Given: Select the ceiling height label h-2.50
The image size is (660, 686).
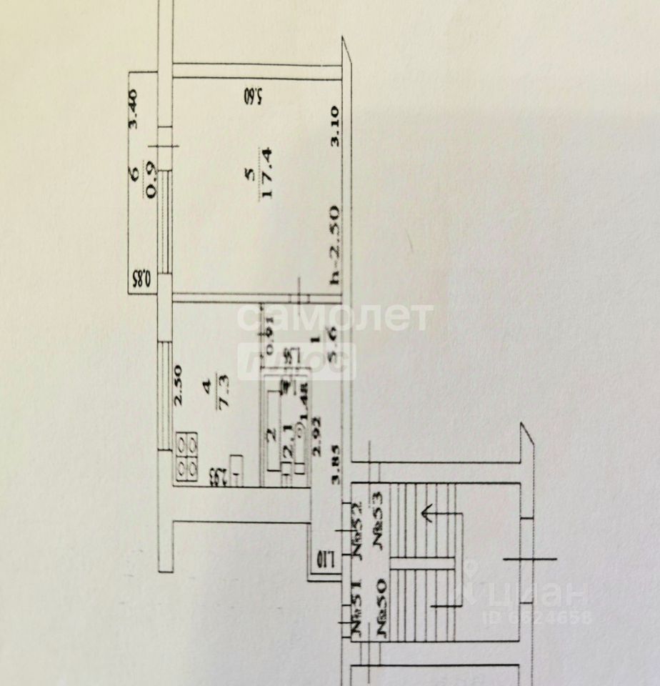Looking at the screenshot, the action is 334,246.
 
